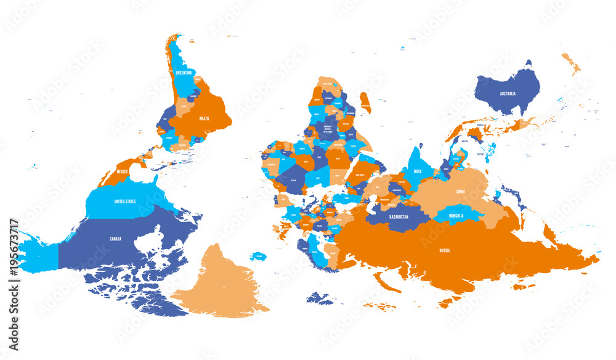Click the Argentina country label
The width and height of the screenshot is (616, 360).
point(184,72)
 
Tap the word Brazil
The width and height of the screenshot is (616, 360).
point(205,118)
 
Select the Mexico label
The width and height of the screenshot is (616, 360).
point(121,171)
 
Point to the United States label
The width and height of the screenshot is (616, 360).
point(126,202)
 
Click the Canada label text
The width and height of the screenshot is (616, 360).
point(116,239)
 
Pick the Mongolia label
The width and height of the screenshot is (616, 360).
point(456,216)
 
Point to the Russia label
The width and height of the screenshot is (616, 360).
point(445,250)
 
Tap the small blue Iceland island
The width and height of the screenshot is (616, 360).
point(258,256)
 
